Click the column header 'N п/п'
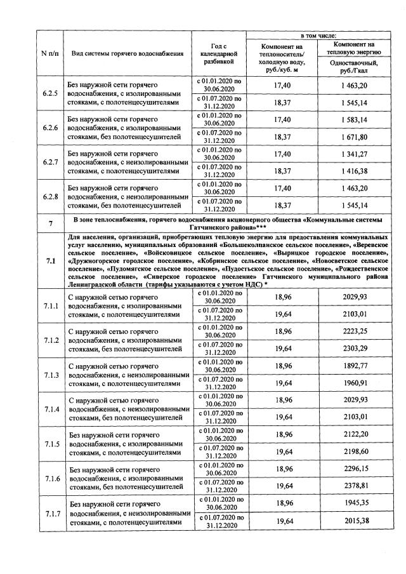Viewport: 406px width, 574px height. click(x=50, y=53)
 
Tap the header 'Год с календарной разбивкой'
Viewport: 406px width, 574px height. click(x=218, y=53)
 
